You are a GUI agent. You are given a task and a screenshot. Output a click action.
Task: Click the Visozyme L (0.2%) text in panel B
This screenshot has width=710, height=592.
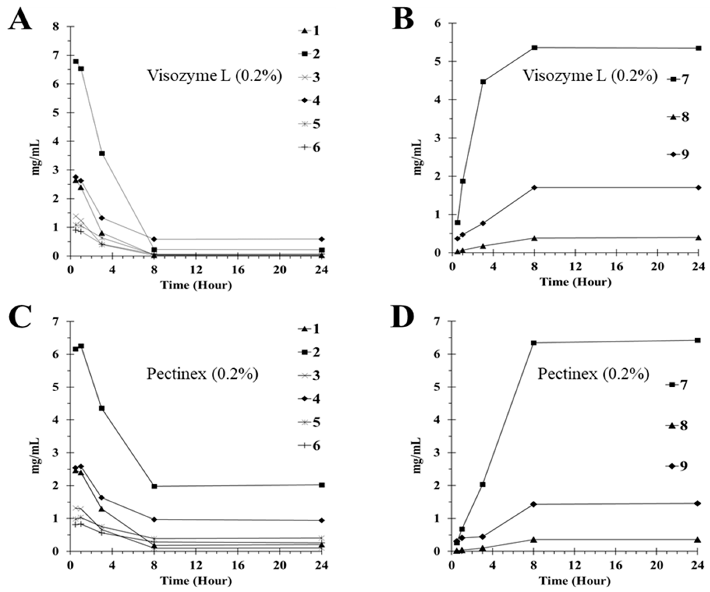click(x=590, y=76)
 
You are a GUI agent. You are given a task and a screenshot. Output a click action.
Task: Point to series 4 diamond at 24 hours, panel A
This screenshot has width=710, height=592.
click(x=322, y=239)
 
